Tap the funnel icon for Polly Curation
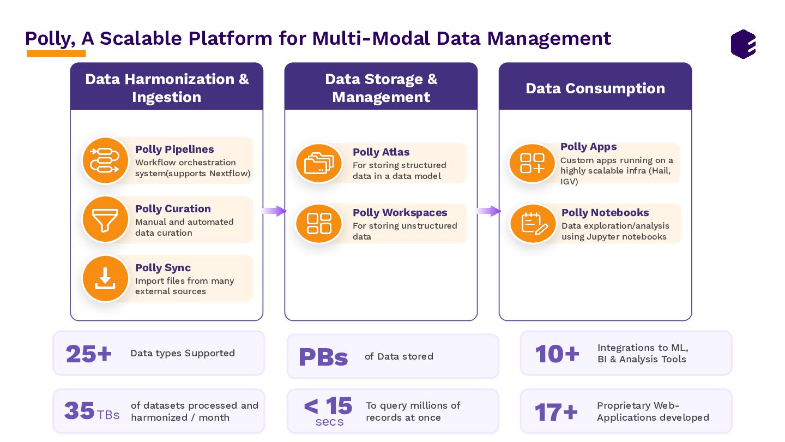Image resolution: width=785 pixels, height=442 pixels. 105,220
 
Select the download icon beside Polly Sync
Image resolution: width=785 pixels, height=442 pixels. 105,278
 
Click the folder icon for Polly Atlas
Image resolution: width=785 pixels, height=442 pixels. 319,163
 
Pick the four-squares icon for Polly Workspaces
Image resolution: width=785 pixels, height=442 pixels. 319,223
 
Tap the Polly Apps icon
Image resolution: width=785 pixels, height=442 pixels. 532,163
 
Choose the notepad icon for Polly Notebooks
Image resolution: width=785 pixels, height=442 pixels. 533,223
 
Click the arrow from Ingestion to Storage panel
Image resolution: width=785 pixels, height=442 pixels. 274,211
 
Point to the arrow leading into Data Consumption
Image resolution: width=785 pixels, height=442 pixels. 488,211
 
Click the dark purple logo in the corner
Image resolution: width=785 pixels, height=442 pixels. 743,44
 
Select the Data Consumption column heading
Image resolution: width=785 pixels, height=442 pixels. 595,88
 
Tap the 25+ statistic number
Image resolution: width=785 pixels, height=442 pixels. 88,354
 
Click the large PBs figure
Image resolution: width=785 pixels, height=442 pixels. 323,357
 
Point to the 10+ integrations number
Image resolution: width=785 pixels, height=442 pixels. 557,354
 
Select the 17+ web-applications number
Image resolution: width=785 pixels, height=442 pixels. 555,412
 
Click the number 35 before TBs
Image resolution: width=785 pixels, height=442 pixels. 80,411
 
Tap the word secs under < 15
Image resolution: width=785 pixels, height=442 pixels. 329,422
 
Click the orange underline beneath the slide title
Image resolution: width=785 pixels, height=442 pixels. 56,53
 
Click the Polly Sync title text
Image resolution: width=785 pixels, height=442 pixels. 163,267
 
